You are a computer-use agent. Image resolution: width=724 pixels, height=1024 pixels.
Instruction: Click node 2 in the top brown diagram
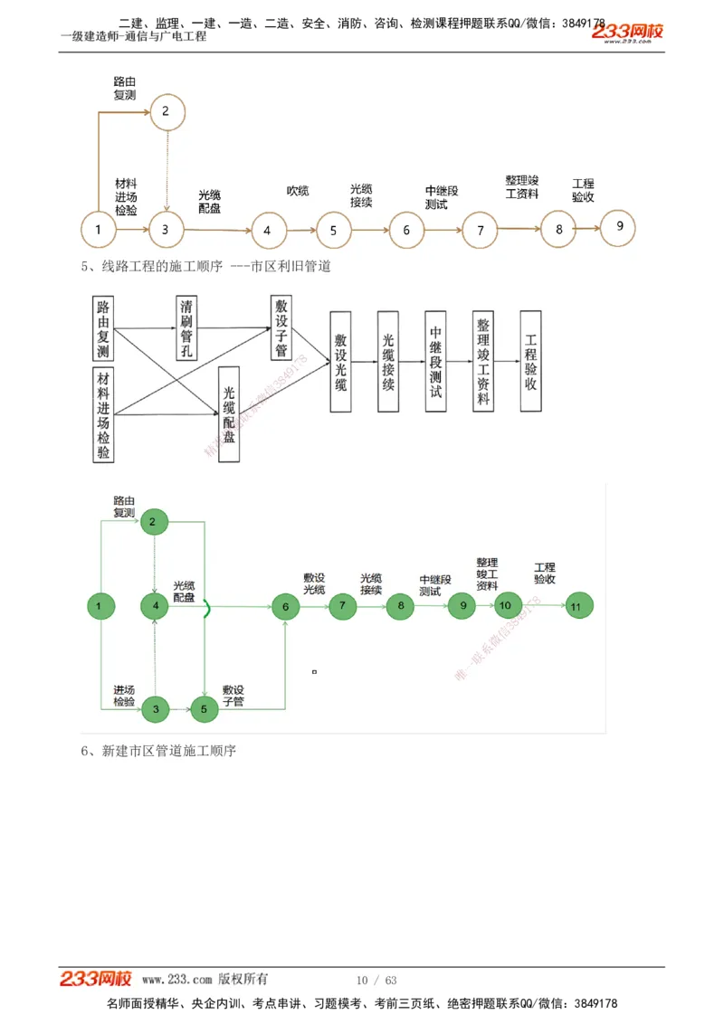(x=166, y=111)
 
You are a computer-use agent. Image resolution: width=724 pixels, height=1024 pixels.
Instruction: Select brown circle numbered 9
(x=619, y=227)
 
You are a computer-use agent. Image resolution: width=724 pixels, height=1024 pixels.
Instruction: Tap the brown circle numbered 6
(x=406, y=230)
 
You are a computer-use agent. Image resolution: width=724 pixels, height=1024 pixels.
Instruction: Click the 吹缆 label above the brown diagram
(x=298, y=191)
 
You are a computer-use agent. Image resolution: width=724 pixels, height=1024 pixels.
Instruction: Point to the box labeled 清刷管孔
(x=188, y=328)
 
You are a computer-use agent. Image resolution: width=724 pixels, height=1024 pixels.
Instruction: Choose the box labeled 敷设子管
(x=281, y=328)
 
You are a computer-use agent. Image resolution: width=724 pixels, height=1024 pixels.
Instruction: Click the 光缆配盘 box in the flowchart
(x=229, y=414)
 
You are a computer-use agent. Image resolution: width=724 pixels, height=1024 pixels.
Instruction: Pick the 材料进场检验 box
(x=104, y=415)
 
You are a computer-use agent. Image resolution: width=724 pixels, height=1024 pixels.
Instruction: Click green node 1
(x=100, y=606)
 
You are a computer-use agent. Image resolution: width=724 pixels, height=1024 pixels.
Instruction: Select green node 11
(x=576, y=607)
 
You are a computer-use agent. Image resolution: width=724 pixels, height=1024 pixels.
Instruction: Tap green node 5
(x=204, y=709)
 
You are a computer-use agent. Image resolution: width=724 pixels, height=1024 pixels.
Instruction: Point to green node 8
(x=399, y=607)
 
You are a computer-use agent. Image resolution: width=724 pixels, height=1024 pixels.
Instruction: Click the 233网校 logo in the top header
(x=627, y=32)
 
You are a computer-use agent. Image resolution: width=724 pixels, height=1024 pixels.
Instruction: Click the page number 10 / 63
(x=376, y=981)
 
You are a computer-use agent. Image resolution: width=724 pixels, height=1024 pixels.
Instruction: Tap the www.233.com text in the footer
(x=177, y=980)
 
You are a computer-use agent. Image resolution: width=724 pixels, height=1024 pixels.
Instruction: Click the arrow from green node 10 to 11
(x=540, y=607)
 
